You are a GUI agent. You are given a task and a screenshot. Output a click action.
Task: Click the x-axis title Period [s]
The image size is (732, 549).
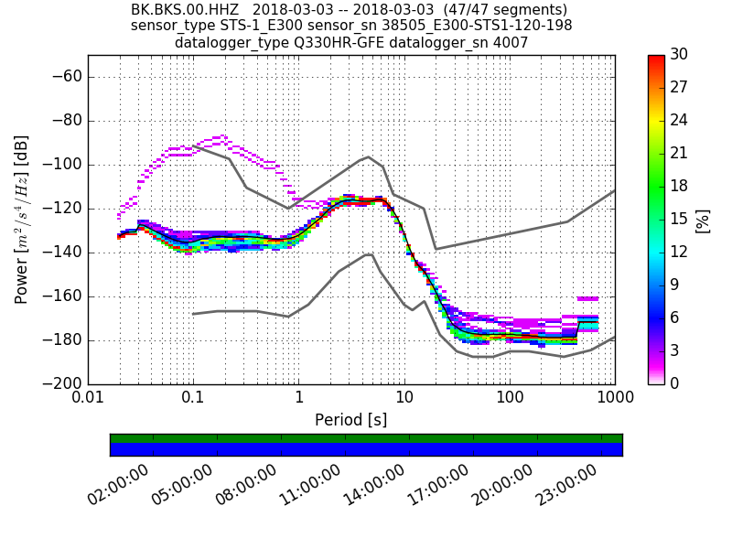351,420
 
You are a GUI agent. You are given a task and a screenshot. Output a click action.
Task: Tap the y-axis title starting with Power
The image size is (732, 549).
22,220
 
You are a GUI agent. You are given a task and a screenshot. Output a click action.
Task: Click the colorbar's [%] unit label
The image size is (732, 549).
703,221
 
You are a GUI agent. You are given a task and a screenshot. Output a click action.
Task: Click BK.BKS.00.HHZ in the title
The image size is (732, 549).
186,10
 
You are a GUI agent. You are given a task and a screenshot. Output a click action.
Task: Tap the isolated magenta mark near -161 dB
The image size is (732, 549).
587,298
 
